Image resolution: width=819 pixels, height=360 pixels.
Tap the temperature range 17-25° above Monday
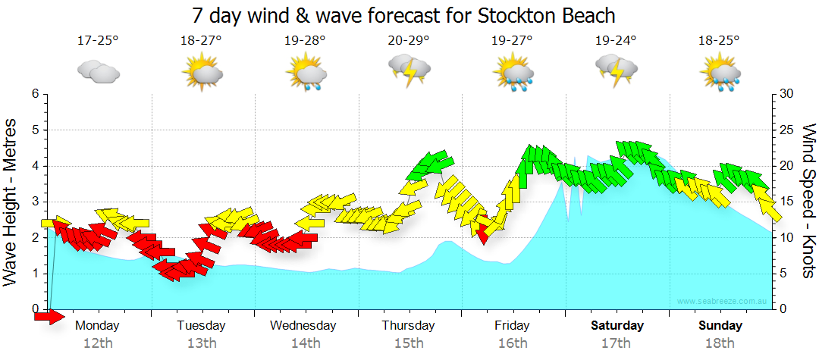coord(98,41)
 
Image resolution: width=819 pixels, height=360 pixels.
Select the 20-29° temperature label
coord(408,41)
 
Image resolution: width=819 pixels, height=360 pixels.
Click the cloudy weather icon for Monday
coord(98,73)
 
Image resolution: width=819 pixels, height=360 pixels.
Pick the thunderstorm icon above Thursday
coord(408,73)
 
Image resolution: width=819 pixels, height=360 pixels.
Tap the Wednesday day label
coord(303,325)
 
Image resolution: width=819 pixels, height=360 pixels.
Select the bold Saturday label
coord(617,325)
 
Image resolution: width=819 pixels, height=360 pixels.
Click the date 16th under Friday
coord(513,343)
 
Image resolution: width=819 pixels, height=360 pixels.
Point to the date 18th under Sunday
coord(720,343)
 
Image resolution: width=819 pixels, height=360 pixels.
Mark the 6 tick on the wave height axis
coord(34,94)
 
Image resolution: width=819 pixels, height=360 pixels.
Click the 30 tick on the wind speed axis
coord(787,94)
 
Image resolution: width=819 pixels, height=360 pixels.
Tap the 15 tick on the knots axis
coord(787,202)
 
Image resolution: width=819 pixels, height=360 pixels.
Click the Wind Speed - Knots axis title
coord(808,201)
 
